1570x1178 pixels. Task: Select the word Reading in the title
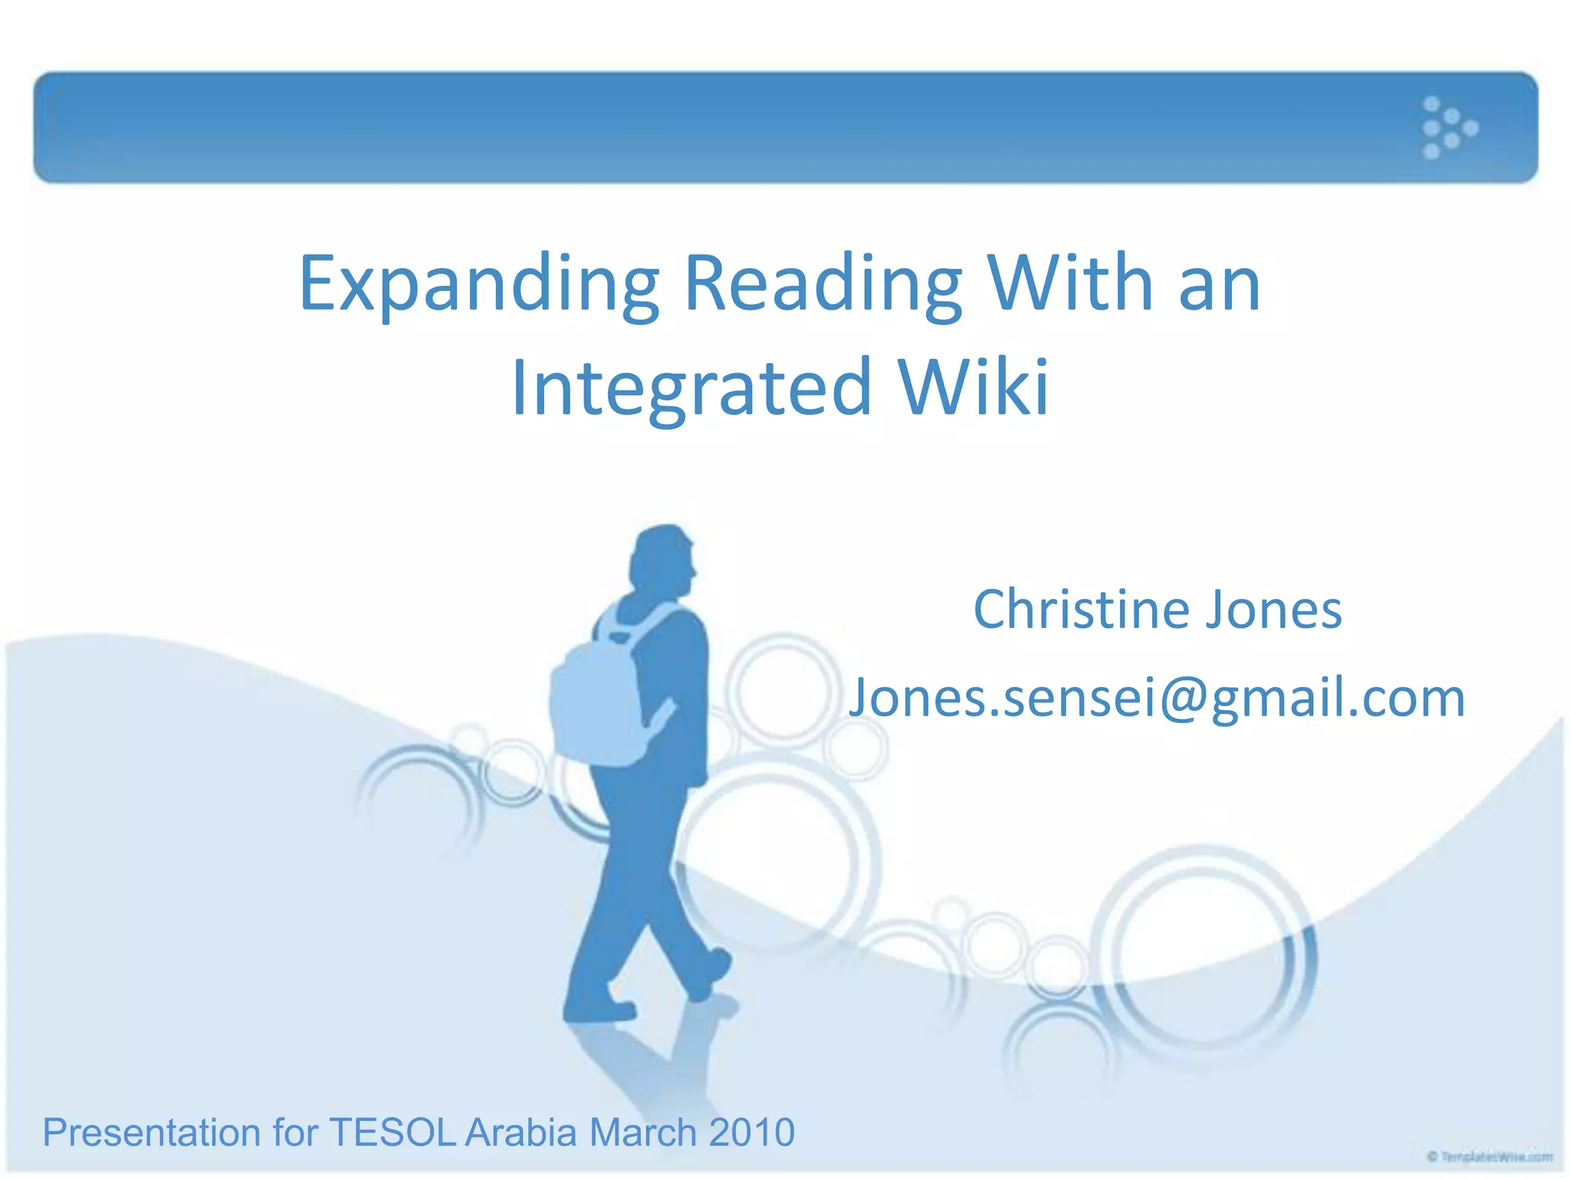(822, 285)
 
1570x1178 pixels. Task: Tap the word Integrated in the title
(691, 388)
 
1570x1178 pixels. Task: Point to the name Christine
(1081, 610)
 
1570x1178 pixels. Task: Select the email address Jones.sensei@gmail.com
(1156, 698)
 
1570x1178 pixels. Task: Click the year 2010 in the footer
(751, 1132)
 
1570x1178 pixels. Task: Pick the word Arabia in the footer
(521, 1132)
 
